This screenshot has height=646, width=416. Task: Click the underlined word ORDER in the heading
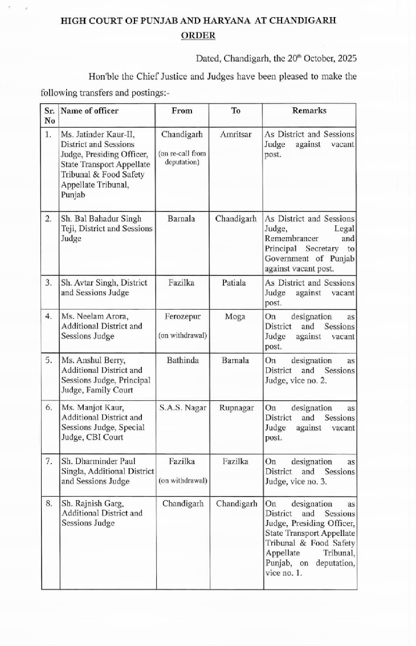pos(198,35)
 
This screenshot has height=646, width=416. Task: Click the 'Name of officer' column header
pos(89,111)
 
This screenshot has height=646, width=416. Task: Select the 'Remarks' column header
pos(309,111)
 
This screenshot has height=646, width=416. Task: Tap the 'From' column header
pos(182,111)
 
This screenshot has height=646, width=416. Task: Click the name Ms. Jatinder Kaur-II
pos(97,135)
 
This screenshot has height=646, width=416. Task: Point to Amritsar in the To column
pos(235,135)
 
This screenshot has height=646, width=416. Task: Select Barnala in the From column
pos(182,219)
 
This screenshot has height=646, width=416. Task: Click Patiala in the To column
pos(235,282)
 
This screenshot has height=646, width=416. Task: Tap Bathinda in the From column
pos(182,361)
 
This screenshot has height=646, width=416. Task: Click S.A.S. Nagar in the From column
pos(182,408)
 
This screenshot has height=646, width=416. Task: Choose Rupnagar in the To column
pos(235,408)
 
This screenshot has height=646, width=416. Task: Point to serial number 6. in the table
pos(49,408)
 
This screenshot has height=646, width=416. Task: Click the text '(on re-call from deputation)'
pos(182,158)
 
